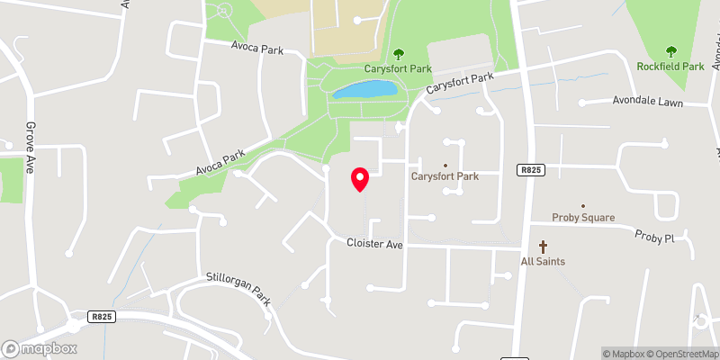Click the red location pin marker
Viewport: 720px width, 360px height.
click(360, 179)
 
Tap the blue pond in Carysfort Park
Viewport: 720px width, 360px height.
click(364, 90)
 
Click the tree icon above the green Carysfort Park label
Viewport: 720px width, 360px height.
click(398, 54)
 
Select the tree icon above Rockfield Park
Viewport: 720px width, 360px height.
click(670, 51)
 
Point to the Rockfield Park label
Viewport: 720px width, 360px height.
click(670, 67)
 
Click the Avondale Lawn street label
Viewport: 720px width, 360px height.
click(648, 102)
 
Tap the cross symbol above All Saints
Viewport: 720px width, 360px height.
click(543, 247)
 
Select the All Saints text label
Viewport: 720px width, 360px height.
click(543, 262)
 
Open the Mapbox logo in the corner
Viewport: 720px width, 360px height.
click(40, 348)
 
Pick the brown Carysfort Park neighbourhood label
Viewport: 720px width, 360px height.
click(445, 176)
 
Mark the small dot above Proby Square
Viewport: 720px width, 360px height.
click(583, 206)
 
